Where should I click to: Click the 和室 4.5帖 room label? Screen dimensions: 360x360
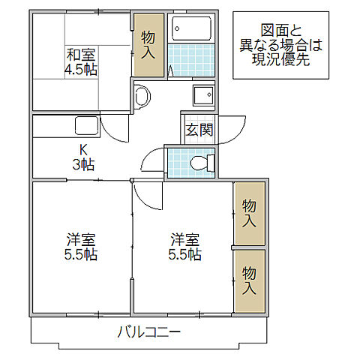pyautogui.click(x=81, y=61)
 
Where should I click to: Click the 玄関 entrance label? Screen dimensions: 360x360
pyautogui.click(x=199, y=129)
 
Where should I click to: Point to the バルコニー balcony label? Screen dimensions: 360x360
pyautogui.click(x=150, y=331)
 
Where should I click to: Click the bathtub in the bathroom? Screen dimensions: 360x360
pyautogui.click(x=192, y=29)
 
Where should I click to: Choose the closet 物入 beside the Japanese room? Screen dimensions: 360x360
pyautogui.click(x=148, y=45)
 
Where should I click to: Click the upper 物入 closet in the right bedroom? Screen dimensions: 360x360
pyautogui.click(x=249, y=213)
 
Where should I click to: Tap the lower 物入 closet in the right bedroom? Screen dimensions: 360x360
pyautogui.click(x=249, y=281)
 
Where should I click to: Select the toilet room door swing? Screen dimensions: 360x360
pyautogui.click(x=151, y=161)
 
